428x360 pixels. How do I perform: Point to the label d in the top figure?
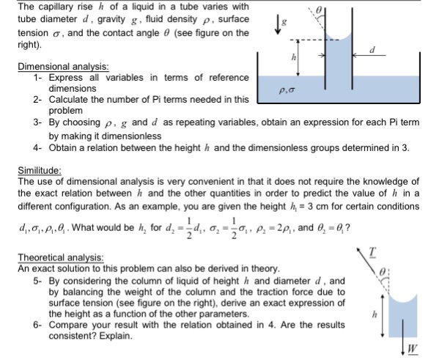374,51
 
